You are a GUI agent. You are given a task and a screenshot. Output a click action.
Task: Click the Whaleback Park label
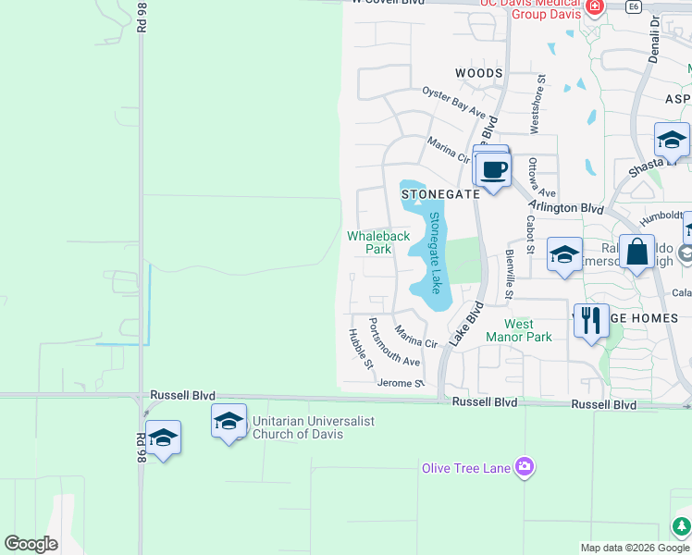378,242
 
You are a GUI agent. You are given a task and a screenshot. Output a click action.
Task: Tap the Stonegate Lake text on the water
434,253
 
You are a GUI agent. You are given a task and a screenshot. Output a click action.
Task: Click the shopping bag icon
636,251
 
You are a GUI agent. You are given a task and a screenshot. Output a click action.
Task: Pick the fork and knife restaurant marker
591,320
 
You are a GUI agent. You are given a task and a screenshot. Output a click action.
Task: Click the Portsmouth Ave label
394,341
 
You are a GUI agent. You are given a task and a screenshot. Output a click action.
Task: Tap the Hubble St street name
361,349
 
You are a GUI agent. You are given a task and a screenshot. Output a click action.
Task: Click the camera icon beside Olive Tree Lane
525,467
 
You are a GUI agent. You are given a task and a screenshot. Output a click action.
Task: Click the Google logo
31,544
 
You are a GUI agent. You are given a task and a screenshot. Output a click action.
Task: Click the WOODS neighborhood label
479,73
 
